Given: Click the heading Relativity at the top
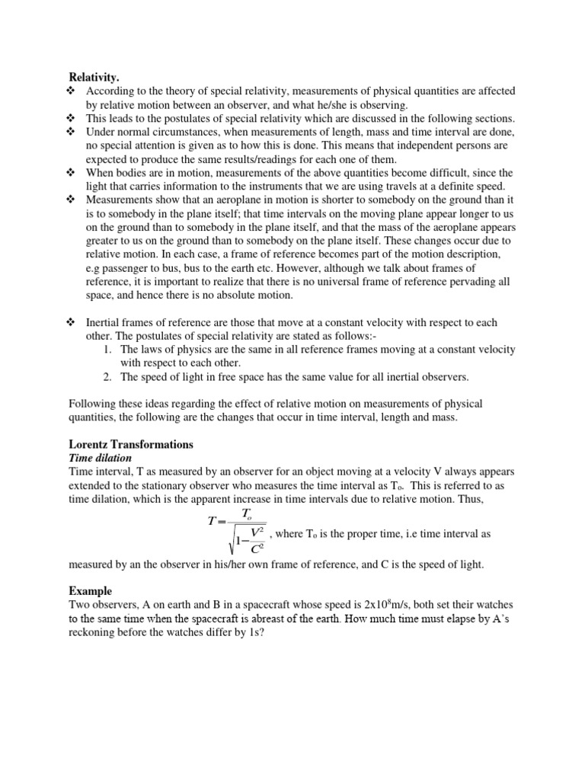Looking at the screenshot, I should tap(94, 77).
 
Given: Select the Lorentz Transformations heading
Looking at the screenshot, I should tap(131, 443).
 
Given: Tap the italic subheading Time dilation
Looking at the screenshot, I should tap(101, 458).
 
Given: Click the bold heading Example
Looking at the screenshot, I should tap(90, 590).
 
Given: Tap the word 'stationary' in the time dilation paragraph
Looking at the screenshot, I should tap(173, 485).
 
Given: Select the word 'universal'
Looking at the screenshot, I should tap(307, 282).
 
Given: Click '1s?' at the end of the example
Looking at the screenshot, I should tap(255, 632).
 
